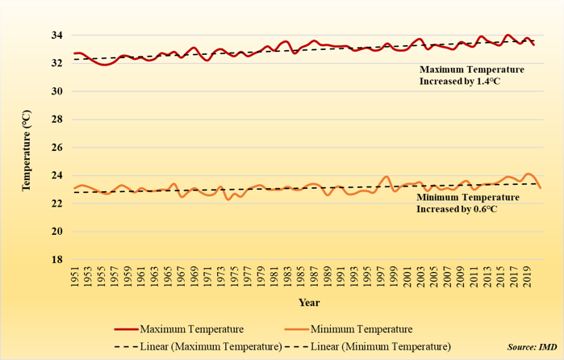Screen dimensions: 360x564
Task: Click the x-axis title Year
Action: [308, 303]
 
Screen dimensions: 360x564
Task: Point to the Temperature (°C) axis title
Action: [25, 149]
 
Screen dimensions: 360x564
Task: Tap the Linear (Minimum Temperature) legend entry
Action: [380, 346]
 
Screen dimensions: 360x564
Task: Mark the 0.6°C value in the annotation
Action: [485, 209]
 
